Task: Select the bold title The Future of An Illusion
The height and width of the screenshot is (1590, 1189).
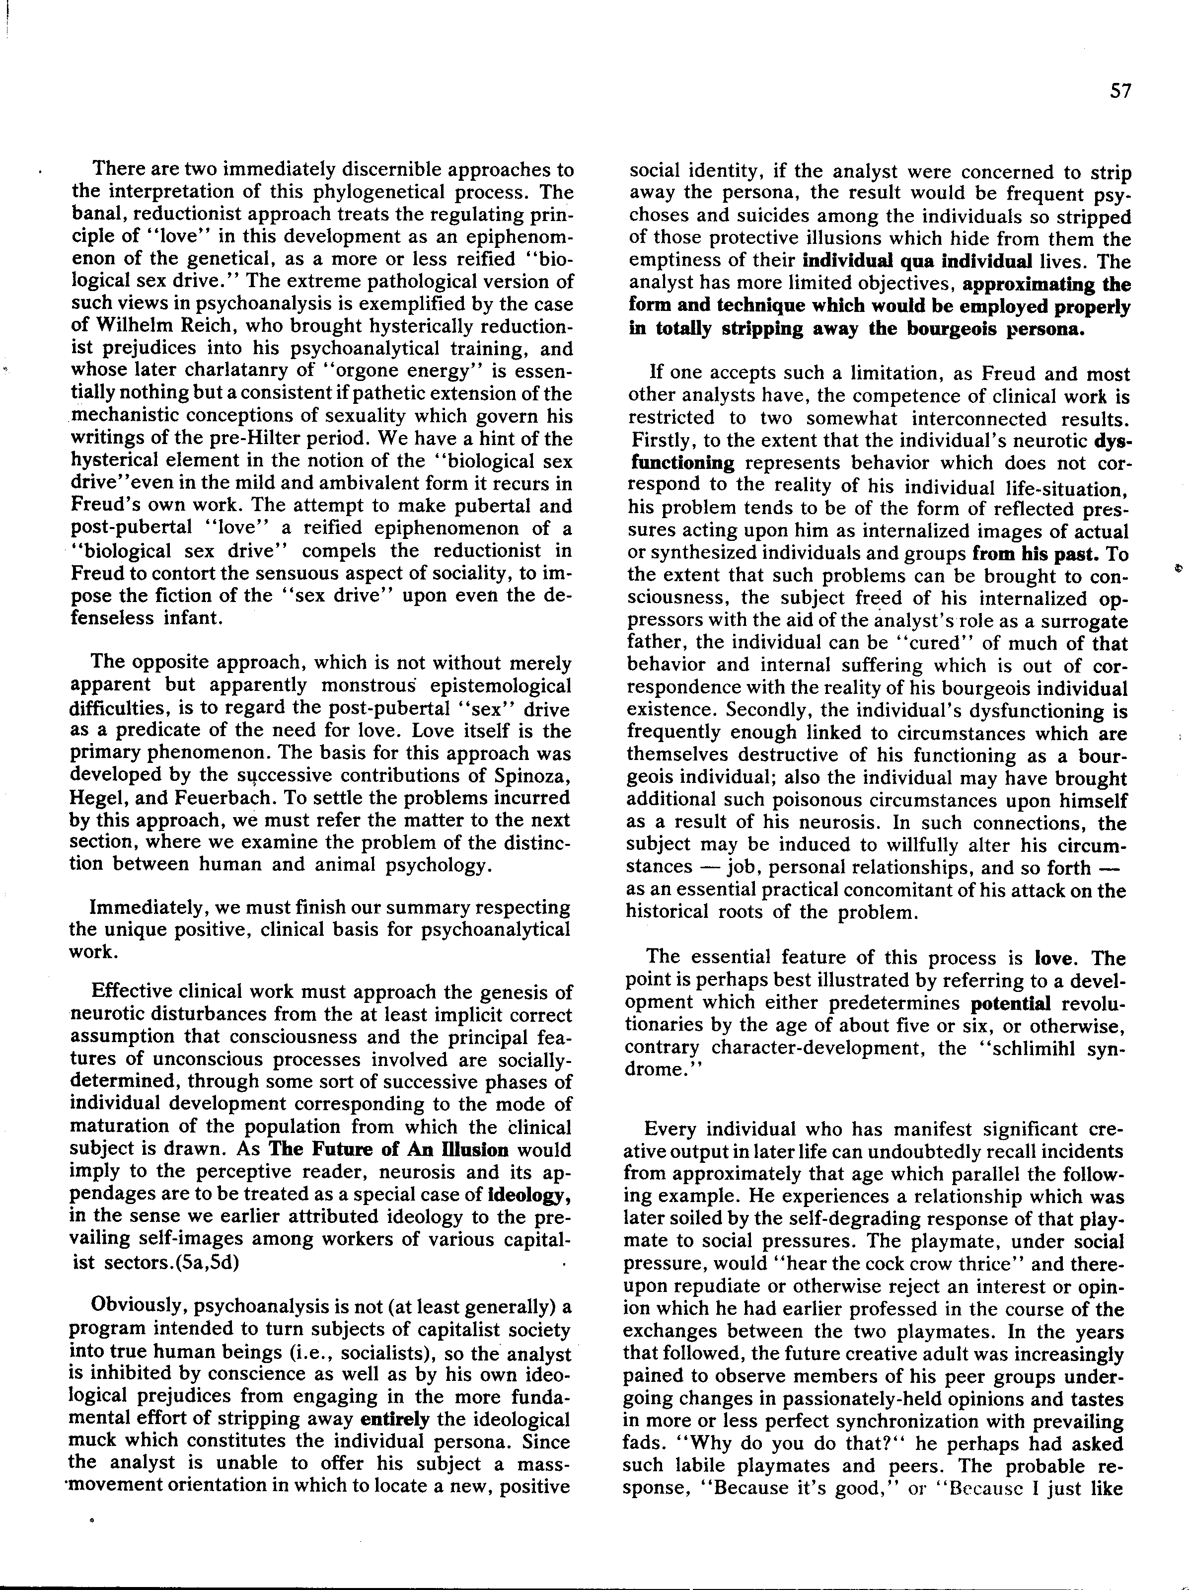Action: click(388, 1149)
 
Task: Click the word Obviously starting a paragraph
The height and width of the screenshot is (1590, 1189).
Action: click(137, 1307)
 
